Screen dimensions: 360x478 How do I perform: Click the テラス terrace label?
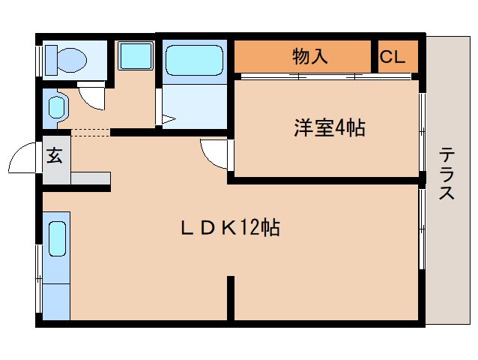(447, 174)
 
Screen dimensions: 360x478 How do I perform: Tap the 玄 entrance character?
(55, 156)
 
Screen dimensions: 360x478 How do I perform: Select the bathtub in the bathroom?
(194, 60)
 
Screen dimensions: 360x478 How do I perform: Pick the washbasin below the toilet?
(56, 106)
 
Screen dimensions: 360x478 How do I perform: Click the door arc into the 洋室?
(216, 154)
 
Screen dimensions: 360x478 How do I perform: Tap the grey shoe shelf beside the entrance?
(90, 178)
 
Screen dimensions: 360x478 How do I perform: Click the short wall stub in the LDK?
(231, 297)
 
